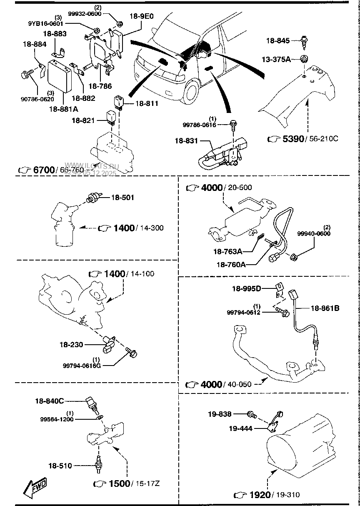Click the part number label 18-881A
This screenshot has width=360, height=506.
click(64, 109)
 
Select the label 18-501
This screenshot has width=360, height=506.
click(122, 197)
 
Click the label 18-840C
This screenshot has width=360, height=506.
click(49, 401)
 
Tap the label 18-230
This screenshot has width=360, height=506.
click(71, 345)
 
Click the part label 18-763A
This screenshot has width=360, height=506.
click(228, 252)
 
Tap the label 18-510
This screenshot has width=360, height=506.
click(60, 465)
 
